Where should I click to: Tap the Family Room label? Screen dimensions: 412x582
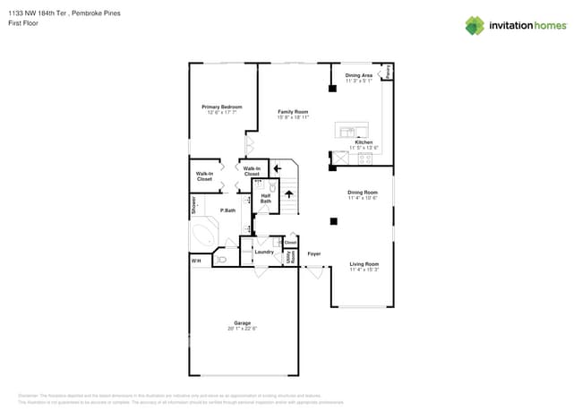(292, 112)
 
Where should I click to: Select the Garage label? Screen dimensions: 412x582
(242, 322)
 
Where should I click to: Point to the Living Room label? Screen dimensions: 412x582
(364, 263)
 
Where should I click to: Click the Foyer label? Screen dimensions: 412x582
(314, 253)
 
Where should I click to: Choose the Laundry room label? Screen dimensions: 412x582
(264, 252)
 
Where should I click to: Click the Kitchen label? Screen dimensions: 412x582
(364, 142)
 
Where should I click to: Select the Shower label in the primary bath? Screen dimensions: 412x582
(193, 205)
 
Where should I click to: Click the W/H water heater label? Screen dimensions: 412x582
(195, 260)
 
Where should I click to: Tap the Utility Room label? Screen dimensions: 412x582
(289, 257)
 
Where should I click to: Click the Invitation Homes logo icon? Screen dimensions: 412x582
(475, 25)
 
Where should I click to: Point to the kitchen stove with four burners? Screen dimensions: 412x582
(365, 159)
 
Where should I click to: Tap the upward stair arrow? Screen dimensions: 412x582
(289, 193)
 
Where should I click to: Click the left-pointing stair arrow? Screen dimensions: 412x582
(278, 167)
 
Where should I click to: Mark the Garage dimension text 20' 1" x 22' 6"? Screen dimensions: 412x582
(242, 329)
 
